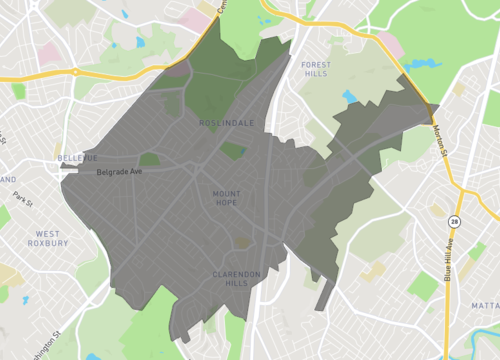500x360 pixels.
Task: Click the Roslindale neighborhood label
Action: (226, 123)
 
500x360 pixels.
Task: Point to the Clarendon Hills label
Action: (236, 278)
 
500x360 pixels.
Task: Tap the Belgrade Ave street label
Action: (120, 172)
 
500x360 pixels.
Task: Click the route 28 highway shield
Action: (454, 220)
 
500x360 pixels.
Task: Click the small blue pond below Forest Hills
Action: (349, 98)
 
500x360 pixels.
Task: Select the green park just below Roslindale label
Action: (233, 150)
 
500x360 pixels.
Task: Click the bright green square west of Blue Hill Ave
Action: (422, 287)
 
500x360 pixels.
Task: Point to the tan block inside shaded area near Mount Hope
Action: (243, 241)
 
